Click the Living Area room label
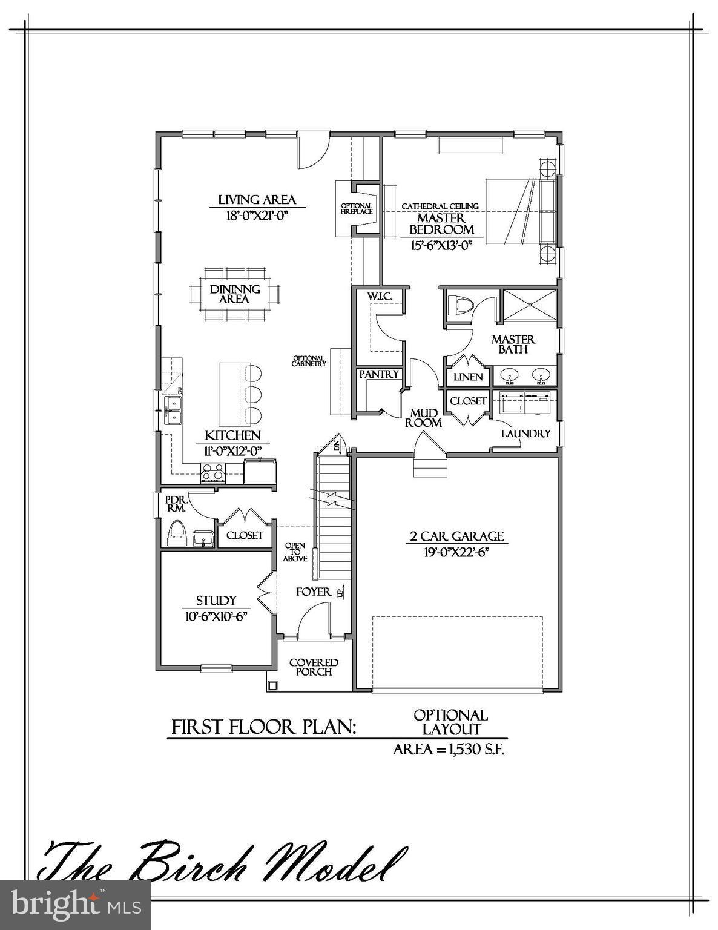click(x=257, y=199)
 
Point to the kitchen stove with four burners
click(x=213, y=472)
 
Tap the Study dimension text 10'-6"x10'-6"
click(x=216, y=615)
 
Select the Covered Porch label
click(x=314, y=667)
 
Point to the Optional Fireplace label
click(x=357, y=209)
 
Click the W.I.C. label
click(x=380, y=296)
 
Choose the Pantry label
click(x=379, y=374)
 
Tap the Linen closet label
click(x=468, y=377)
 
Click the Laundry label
click(x=525, y=434)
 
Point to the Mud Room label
click(x=423, y=418)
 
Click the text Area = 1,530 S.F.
click(x=449, y=749)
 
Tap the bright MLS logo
click(x=75, y=905)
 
